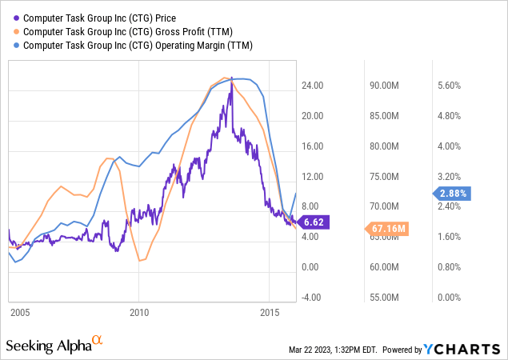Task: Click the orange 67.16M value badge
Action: (x=390, y=229)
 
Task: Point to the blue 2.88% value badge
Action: (x=452, y=193)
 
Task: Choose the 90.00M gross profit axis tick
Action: (x=384, y=86)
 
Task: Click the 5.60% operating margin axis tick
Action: (x=450, y=86)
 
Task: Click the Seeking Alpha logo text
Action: (x=48, y=346)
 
